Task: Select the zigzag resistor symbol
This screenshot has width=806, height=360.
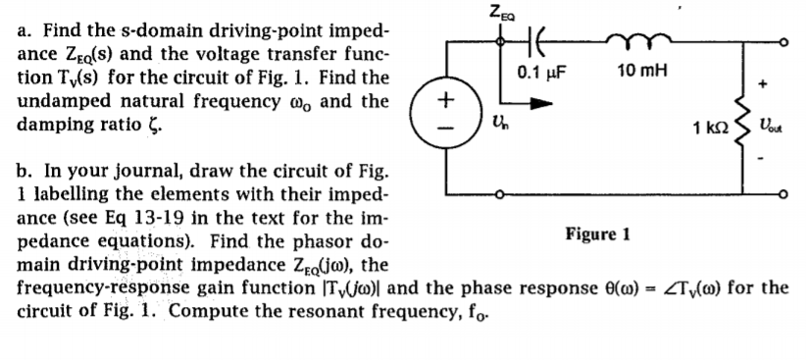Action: [741, 126]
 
